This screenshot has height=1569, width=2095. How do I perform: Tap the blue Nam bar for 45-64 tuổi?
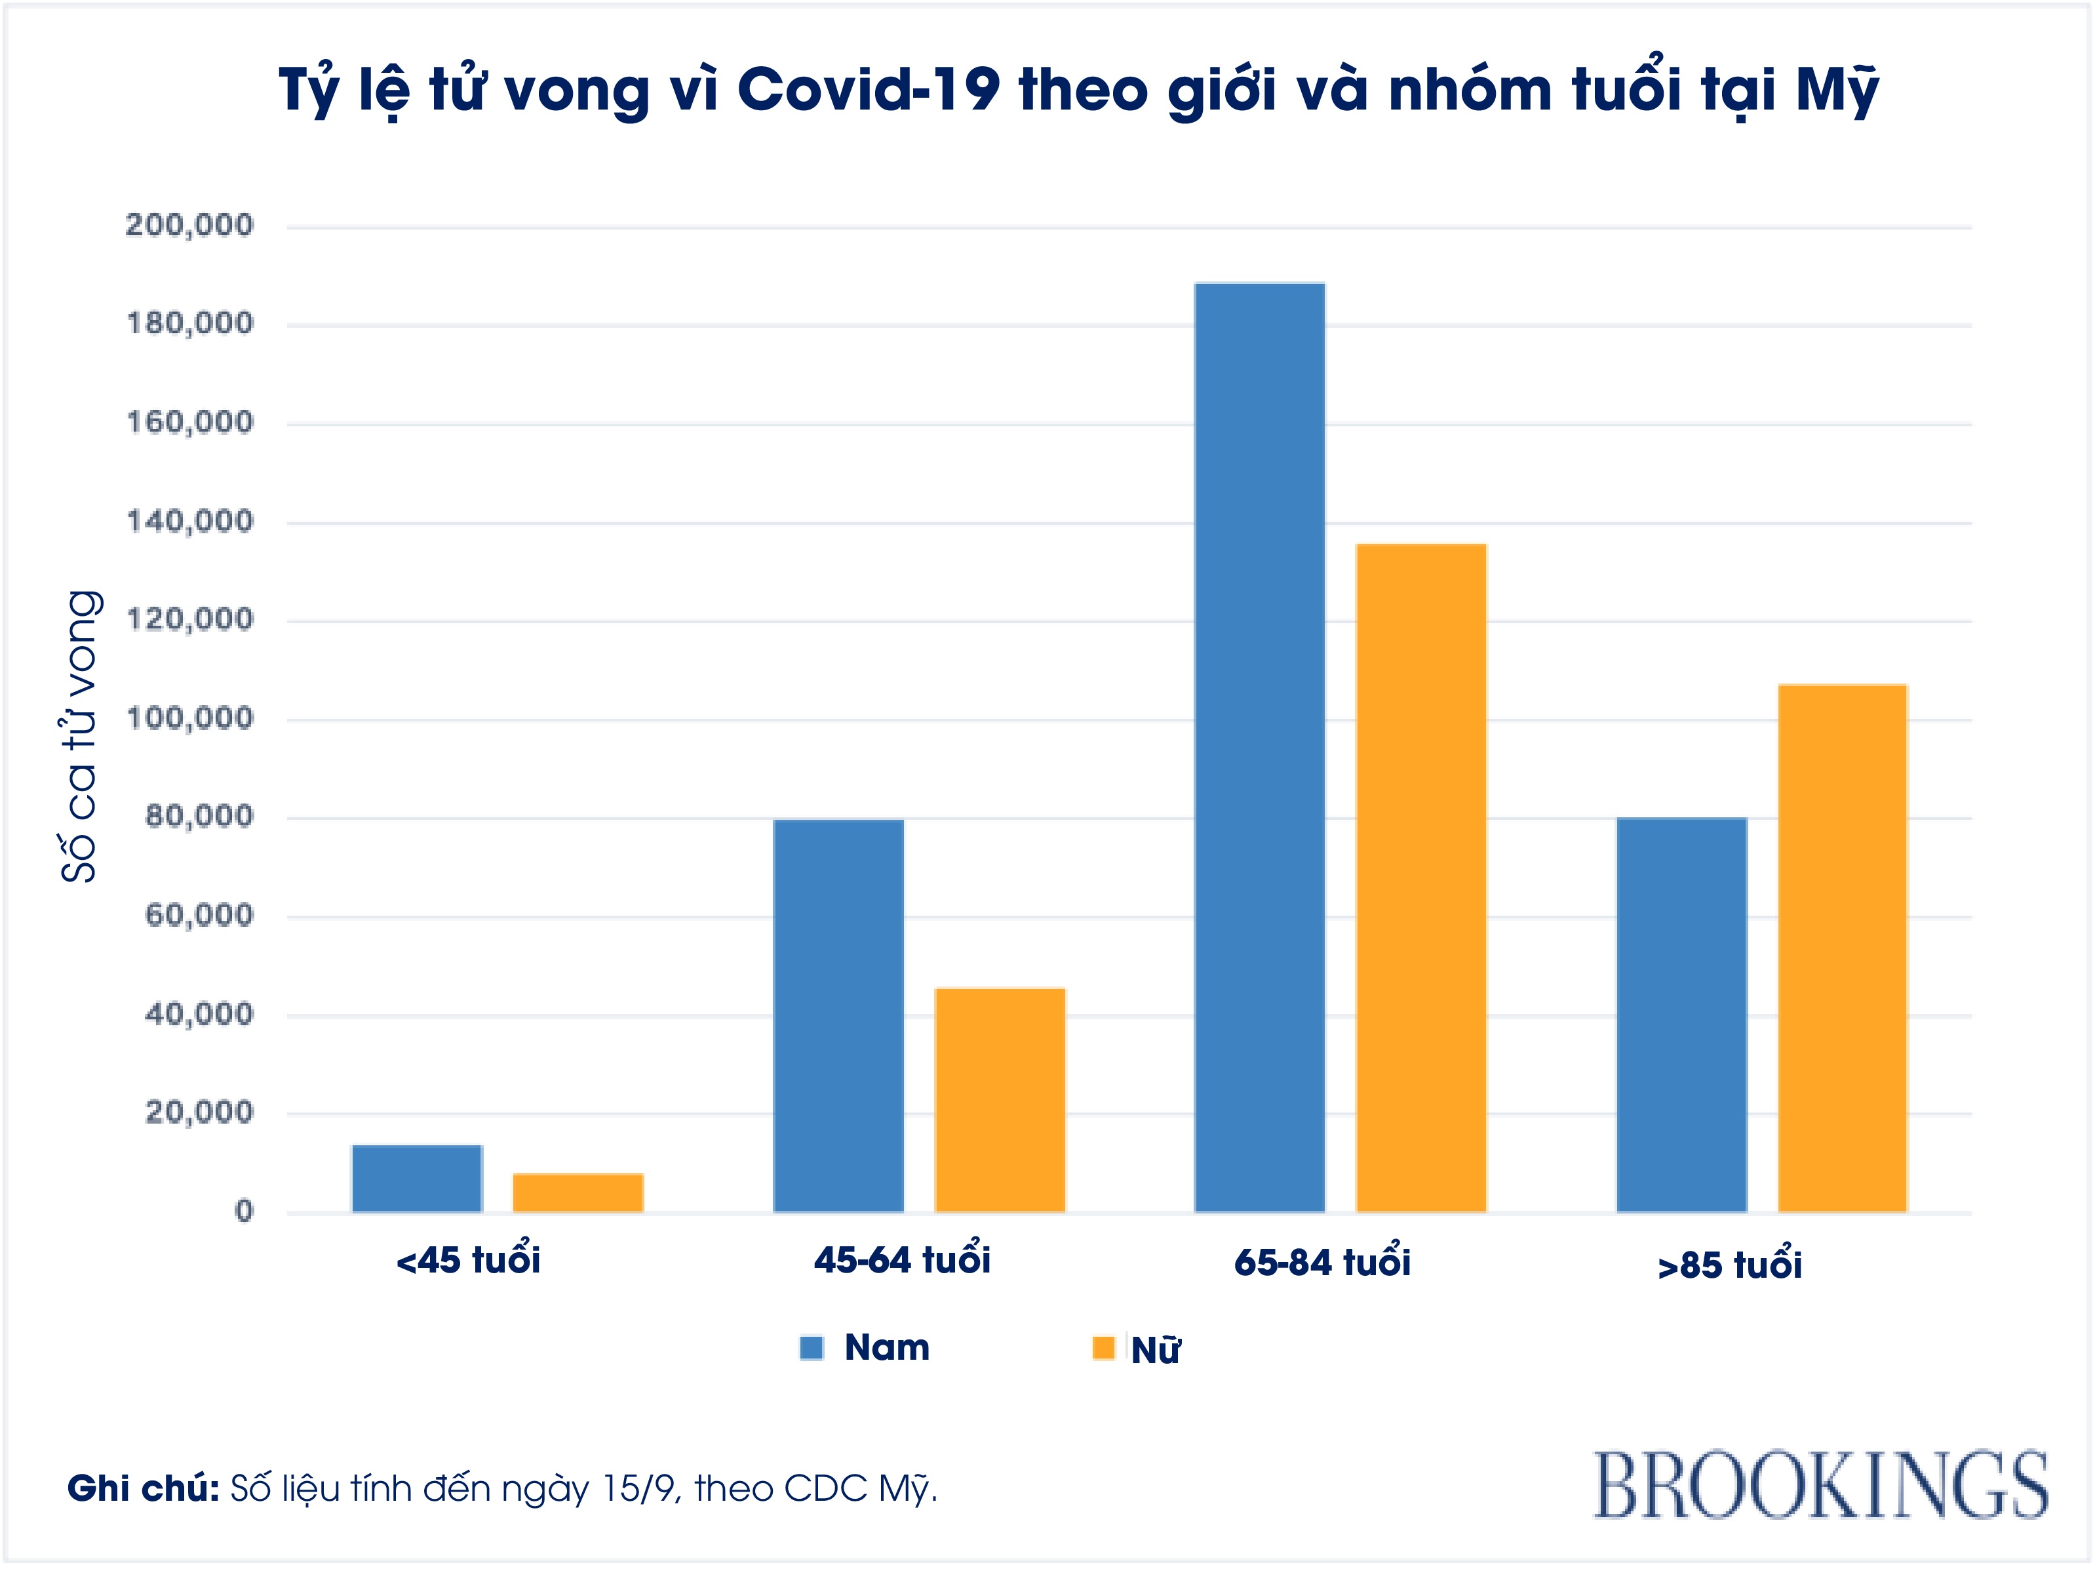(x=838, y=1015)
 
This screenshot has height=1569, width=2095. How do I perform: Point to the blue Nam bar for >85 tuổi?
(x=1681, y=1014)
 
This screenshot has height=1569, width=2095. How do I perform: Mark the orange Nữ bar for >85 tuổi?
(x=1842, y=947)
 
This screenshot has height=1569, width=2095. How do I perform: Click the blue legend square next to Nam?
(x=812, y=1347)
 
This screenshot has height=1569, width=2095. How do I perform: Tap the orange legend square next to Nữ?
(x=1103, y=1347)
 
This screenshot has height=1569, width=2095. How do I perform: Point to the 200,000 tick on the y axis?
(x=189, y=226)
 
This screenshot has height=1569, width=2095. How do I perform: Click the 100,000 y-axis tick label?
(x=189, y=718)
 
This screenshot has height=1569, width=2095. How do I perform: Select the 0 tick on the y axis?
(x=245, y=1211)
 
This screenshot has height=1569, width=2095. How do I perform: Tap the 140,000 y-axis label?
(x=189, y=521)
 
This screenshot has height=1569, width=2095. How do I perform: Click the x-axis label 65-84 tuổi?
(x=1322, y=1262)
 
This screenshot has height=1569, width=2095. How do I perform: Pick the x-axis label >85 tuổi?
(x=1729, y=1265)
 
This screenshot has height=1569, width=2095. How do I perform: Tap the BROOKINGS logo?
(x=1820, y=1484)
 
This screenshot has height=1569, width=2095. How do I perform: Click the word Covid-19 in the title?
(x=867, y=90)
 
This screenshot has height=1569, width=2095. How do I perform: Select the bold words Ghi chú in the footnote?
(x=143, y=1488)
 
